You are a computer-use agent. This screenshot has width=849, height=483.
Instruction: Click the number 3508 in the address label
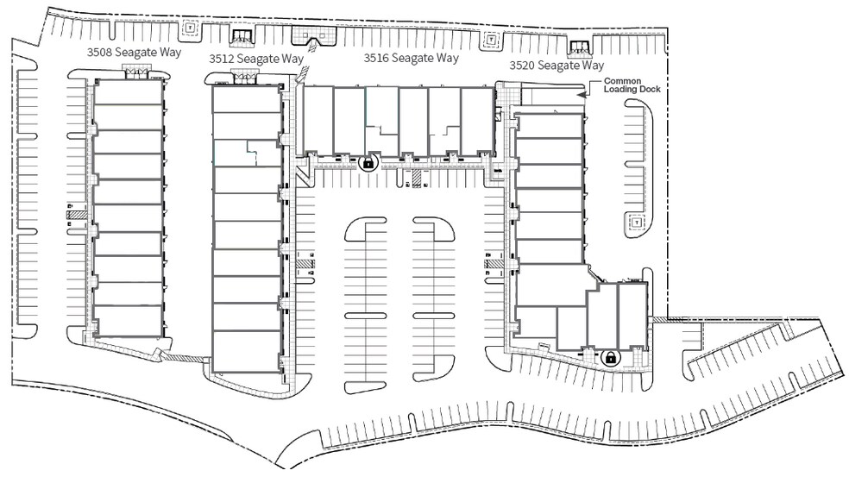(99, 52)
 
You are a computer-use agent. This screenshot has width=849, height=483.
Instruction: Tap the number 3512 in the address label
(222, 59)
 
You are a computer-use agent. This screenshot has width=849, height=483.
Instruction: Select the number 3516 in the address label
(376, 58)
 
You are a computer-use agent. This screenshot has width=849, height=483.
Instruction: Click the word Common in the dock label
(623, 81)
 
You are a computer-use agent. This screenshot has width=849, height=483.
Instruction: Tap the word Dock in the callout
(650, 90)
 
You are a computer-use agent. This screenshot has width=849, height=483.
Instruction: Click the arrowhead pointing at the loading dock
(581, 94)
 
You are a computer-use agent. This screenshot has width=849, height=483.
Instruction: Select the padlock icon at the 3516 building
(368, 162)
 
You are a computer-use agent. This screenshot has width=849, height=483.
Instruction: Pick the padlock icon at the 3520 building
(610, 357)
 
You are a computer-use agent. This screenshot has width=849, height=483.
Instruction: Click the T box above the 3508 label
(190, 27)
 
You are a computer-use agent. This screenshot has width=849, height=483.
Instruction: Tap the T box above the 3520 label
(491, 40)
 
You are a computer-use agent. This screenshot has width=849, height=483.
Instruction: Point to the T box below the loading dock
(637, 222)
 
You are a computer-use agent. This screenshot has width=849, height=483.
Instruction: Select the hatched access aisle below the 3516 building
(417, 179)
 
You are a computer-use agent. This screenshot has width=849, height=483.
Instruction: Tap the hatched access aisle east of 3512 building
(305, 263)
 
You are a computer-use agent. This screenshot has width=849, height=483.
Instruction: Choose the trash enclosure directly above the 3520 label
(580, 48)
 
